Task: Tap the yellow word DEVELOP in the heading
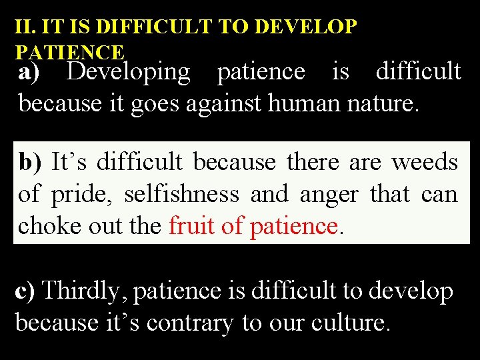(307, 27)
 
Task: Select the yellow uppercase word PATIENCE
(69, 52)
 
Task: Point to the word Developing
(128, 72)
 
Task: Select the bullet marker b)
(30, 162)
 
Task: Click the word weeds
(425, 162)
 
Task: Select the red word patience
(293, 227)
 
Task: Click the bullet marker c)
(27, 291)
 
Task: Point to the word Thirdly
(87, 291)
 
